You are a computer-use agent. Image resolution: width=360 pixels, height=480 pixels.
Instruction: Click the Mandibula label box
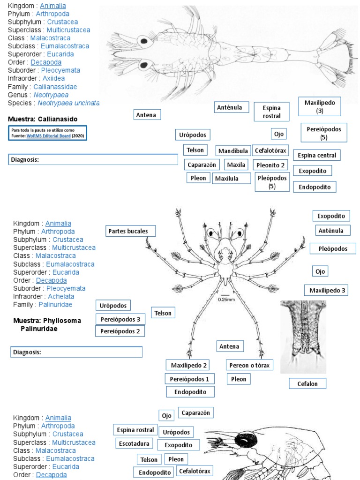(x=233, y=151)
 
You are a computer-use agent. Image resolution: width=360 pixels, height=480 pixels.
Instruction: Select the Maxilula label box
(x=226, y=178)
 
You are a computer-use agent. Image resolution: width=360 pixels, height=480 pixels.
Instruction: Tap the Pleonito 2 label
(x=270, y=165)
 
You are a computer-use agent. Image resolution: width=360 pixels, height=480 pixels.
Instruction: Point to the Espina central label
(x=317, y=155)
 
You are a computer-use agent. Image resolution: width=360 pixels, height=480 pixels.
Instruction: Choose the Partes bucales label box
(x=130, y=231)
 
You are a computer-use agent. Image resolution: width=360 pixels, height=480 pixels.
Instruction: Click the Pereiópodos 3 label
(x=120, y=319)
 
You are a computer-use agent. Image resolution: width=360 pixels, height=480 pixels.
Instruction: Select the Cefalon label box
(x=307, y=383)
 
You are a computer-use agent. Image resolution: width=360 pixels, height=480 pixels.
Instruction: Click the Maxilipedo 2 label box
(x=187, y=365)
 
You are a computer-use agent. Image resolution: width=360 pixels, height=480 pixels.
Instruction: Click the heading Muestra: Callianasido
(x=43, y=119)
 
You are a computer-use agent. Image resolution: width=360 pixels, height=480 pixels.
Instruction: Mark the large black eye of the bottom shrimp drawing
(x=244, y=441)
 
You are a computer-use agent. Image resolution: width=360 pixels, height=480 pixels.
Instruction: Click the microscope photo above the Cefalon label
(x=303, y=337)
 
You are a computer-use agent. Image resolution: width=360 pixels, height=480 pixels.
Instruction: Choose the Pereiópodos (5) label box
(x=323, y=133)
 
